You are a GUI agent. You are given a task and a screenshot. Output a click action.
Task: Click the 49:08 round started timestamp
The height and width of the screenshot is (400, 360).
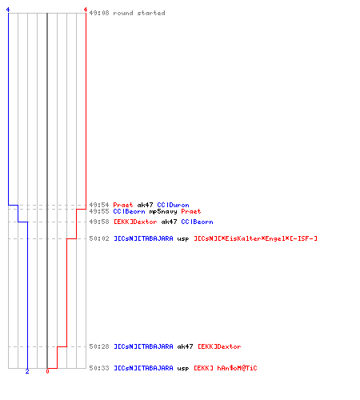[x=99, y=13]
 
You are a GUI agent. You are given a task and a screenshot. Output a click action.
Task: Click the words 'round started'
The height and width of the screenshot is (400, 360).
[x=139, y=13]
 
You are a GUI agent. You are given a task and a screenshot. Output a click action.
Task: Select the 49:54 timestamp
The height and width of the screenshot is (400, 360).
[x=99, y=205]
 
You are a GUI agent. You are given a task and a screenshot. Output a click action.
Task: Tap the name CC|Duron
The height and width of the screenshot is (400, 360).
[x=173, y=205]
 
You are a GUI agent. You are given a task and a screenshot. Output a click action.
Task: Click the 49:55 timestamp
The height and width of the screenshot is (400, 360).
[x=99, y=211]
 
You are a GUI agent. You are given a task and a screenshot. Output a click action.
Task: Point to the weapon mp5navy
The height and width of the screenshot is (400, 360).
[x=163, y=211]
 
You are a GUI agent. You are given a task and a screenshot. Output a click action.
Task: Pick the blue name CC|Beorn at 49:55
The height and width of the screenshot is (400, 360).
[x=129, y=211]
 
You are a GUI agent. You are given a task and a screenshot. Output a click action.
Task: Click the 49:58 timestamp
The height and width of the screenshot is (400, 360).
[x=99, y=222]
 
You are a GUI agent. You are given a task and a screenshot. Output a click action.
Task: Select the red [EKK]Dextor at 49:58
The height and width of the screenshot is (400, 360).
[x=135, y=222]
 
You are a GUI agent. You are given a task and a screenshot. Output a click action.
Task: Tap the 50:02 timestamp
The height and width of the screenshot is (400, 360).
[x=99, y=238]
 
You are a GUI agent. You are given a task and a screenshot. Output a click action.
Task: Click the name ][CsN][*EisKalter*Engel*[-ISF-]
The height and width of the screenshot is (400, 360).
[x=255, y=238]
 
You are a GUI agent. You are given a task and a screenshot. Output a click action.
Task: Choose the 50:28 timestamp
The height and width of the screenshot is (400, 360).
[x=99, y=346]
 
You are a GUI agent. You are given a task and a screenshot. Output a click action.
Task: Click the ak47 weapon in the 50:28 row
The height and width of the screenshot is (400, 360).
[x=185, y=346]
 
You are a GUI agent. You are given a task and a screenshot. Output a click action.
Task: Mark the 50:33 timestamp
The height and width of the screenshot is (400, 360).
[x=99, y=368]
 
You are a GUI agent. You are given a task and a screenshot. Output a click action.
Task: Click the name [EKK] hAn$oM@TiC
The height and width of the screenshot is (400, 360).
[x=226, y=368]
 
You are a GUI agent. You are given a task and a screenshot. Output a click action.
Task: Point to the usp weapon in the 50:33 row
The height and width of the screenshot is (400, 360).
[x=183, y=369]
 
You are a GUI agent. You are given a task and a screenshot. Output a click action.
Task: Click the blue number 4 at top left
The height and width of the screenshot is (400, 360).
[x=8, y=10]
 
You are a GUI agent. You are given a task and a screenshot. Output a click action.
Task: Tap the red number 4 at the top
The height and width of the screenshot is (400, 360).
[x=86, y=10]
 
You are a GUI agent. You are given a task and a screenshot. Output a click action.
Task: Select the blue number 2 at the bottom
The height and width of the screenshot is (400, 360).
[x=27, y=371]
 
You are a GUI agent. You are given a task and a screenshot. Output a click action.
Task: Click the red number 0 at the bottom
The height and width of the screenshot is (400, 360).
[x=47, y=371]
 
